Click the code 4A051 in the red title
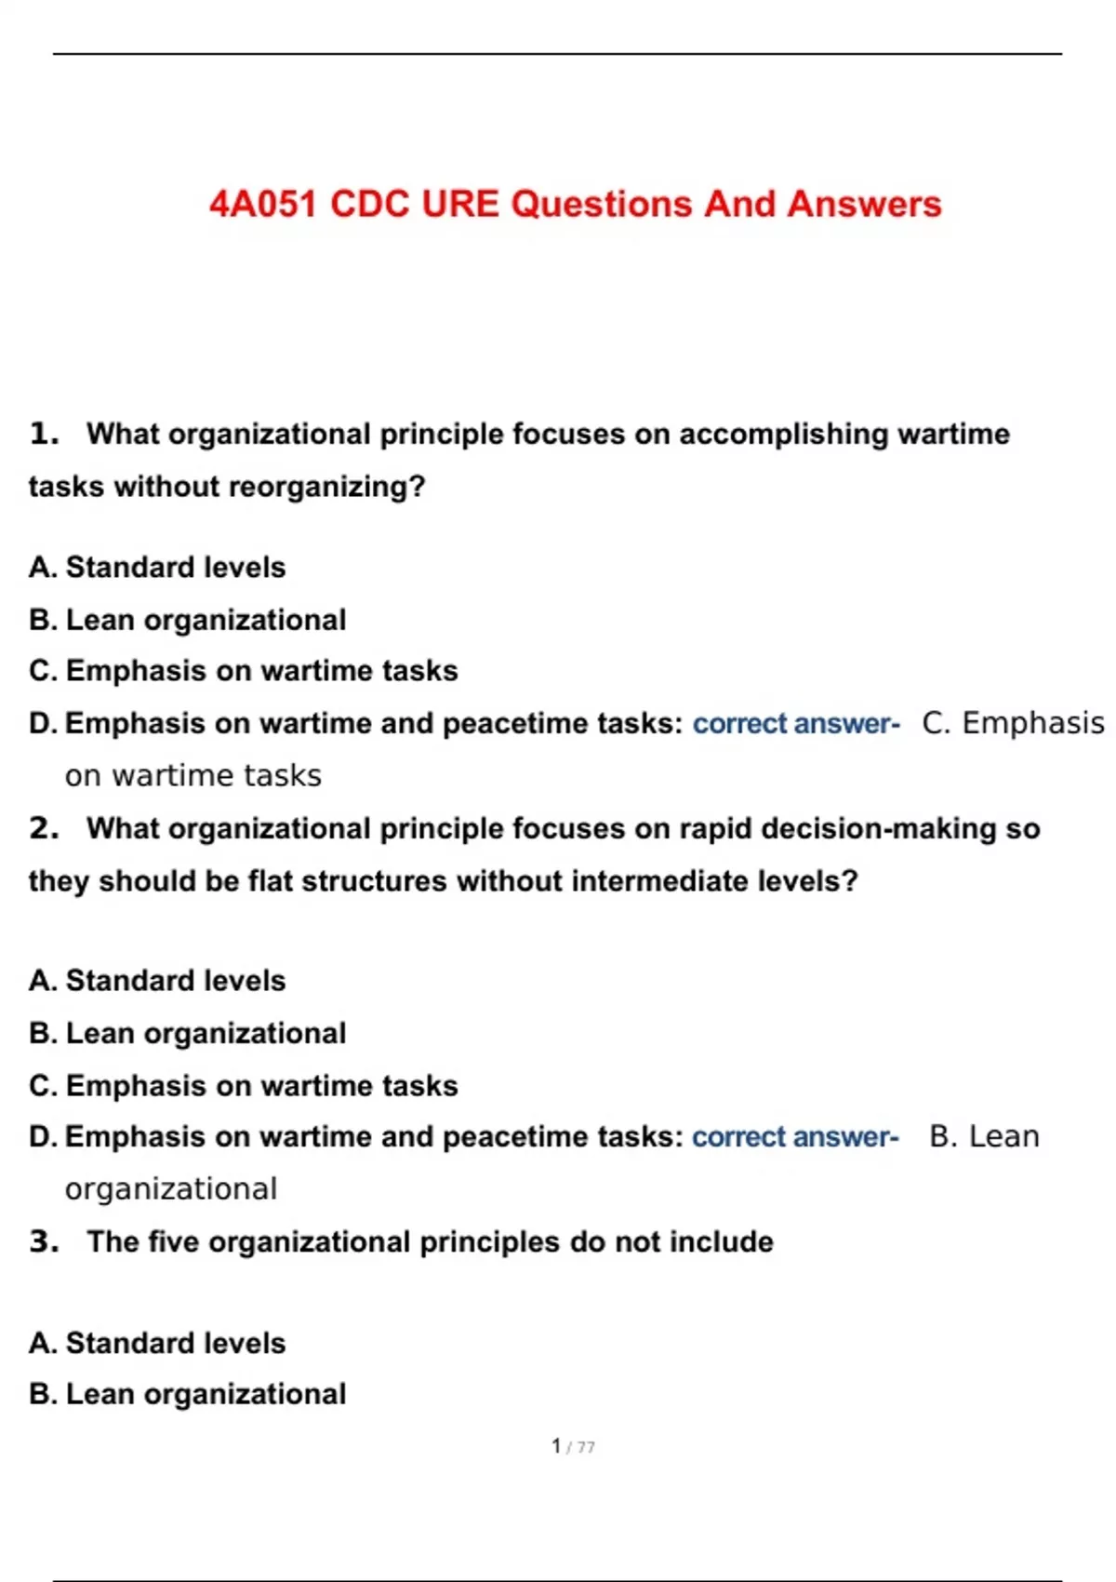tap(263, 204)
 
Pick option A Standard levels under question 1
tap(157, 567)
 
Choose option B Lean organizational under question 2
tap(187, 1033)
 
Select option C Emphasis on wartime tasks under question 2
tap(243, 1085)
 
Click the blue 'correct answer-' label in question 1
tap(796, 723)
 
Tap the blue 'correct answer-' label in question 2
tap(795, 1136)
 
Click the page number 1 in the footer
tap(556, 1446)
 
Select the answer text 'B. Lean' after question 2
tap(984, 1136)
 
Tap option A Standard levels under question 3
tap(157, 1343)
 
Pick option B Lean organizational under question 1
tap(187, 620)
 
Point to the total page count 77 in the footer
tap(586, 1447)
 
